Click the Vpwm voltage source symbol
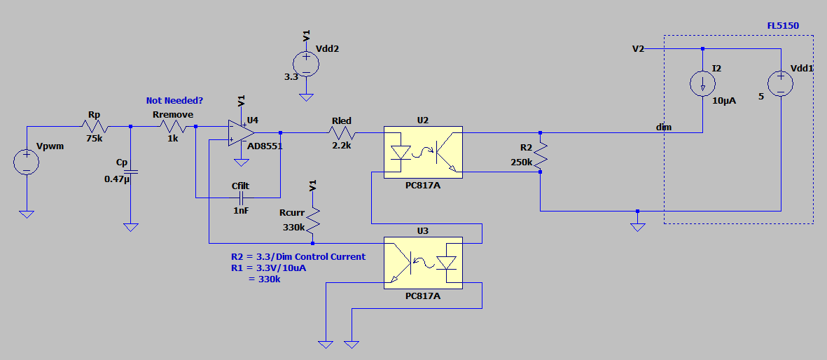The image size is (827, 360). point(26,162)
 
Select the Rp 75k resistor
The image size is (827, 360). point(95,127)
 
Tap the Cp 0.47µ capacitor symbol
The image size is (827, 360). point(131,172)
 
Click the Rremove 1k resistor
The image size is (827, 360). point(173,127)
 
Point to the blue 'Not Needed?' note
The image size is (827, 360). point(174,100)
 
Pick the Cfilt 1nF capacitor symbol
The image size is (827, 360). point(241,198)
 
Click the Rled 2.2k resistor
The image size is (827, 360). point(342,133)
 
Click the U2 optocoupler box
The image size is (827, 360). point(423,152)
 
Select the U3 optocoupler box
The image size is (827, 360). point(423,263)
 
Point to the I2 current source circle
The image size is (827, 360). point(703,83)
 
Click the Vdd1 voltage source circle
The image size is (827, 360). point(780,83)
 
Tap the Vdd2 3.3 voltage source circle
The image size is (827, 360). point(306,63)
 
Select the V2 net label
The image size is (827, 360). point(638,48)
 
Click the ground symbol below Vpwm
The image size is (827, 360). point(26,214)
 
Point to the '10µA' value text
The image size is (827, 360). point(724,101)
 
